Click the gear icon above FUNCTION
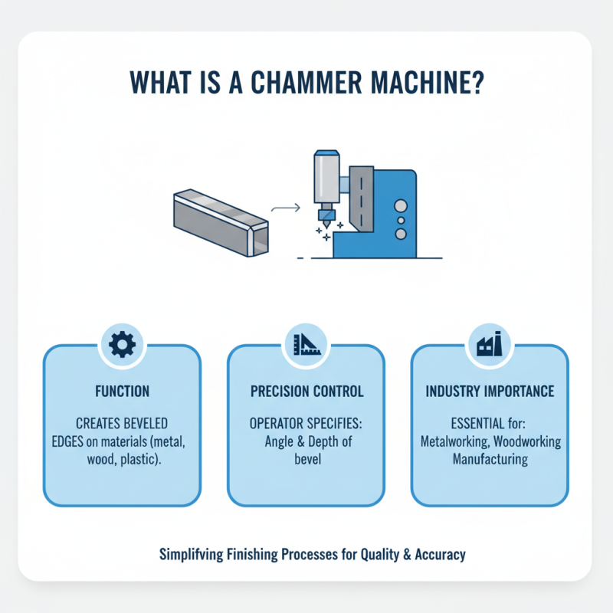[x=122, y=346]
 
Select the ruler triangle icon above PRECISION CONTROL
[x=306, y=346]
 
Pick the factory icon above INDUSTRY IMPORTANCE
[x=489, y=346]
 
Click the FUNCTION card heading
[x=122, y=392]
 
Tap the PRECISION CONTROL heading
[x=306, y=392]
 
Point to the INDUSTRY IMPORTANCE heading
[x=490, y=392]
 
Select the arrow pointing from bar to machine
[x=285, y=206]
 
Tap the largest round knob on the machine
[x=398, y=206]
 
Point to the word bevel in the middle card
[x=306, y=459]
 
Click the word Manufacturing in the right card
[x=490, y=460]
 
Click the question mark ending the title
[x=477, y=83]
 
